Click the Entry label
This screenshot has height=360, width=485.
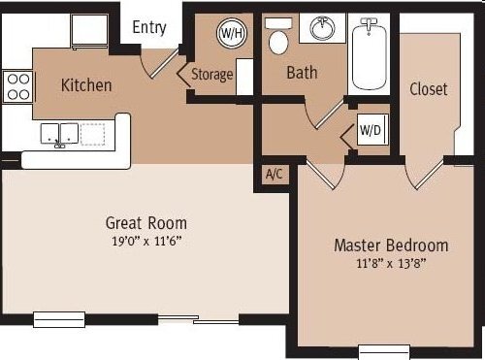148,27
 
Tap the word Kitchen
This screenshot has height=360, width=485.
86,85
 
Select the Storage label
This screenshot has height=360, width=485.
211,75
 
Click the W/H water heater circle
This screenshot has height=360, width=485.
232,32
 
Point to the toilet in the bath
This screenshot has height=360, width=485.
278,39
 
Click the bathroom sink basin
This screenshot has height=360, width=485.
322,29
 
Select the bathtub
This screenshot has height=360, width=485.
368,55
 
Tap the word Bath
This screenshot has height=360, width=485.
302,73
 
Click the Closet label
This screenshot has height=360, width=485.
428,89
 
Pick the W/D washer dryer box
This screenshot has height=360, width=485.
371,129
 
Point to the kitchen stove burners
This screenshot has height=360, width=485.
16,86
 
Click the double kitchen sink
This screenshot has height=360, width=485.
59,133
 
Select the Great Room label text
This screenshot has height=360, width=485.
145,222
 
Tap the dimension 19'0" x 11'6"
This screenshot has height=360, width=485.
145,240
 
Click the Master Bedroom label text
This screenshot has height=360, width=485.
391,245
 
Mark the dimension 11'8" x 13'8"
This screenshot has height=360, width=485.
391,262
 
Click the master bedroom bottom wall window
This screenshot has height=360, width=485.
385,349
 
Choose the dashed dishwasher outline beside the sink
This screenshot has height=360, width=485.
94,133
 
